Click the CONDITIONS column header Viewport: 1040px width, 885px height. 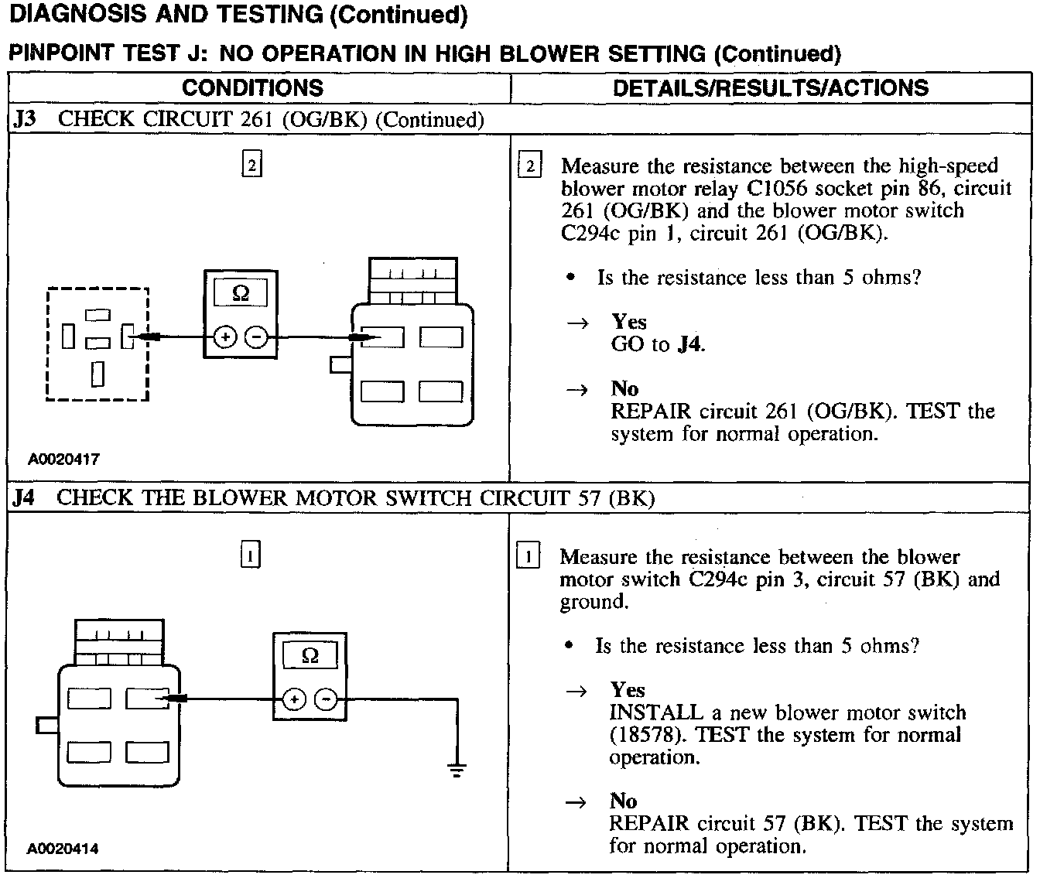(252, 87)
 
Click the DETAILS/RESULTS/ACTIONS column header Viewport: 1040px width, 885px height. (770, 87)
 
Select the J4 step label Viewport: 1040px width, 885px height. (24, 497)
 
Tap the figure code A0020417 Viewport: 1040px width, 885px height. (64, 460)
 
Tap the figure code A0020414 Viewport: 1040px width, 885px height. (63, 849)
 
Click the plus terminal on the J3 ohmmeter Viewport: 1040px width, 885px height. (224, 337)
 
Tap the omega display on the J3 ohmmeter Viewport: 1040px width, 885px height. (241, 293)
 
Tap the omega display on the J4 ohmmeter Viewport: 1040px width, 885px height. (310, 656)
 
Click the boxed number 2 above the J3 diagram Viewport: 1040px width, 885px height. (251, 165)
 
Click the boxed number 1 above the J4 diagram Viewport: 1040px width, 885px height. (251, 555)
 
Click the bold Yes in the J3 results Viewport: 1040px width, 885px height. (629, 321)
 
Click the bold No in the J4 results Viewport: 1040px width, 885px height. (623, 801)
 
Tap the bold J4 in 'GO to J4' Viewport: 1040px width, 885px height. (689, 344)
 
